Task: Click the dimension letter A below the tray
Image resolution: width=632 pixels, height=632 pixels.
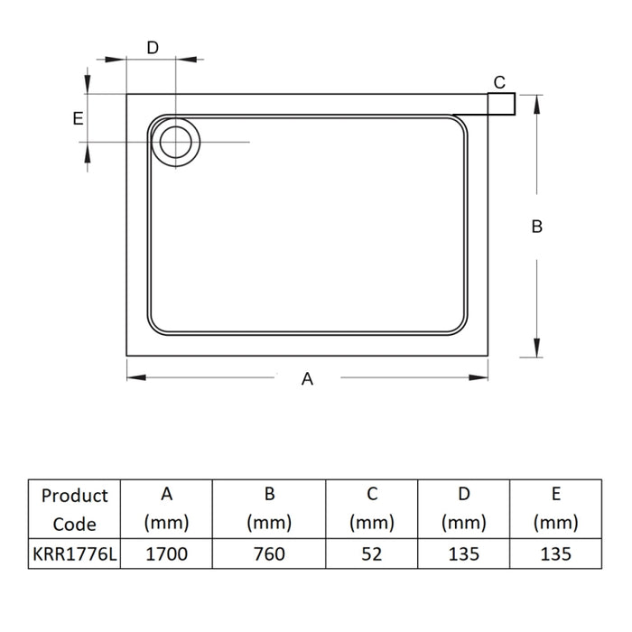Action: [x=307, y=379]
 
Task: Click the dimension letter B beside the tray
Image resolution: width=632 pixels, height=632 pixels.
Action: [x=537, y=227]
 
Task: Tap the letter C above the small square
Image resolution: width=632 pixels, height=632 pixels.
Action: [x=499, y=83]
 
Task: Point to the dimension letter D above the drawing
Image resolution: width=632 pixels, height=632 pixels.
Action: [x=153, y=48]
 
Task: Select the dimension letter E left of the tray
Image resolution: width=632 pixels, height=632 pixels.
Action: [x=78, y=118]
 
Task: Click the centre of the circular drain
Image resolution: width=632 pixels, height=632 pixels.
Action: [x=176, y=142]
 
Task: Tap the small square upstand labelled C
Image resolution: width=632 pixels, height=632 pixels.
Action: [x=501, y=104]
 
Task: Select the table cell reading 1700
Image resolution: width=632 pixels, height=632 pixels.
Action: [x=166, y=554]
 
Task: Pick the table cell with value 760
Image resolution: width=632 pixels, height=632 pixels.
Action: [x=269, y=554]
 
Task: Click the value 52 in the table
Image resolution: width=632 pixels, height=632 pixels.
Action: [x=372, y=554]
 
